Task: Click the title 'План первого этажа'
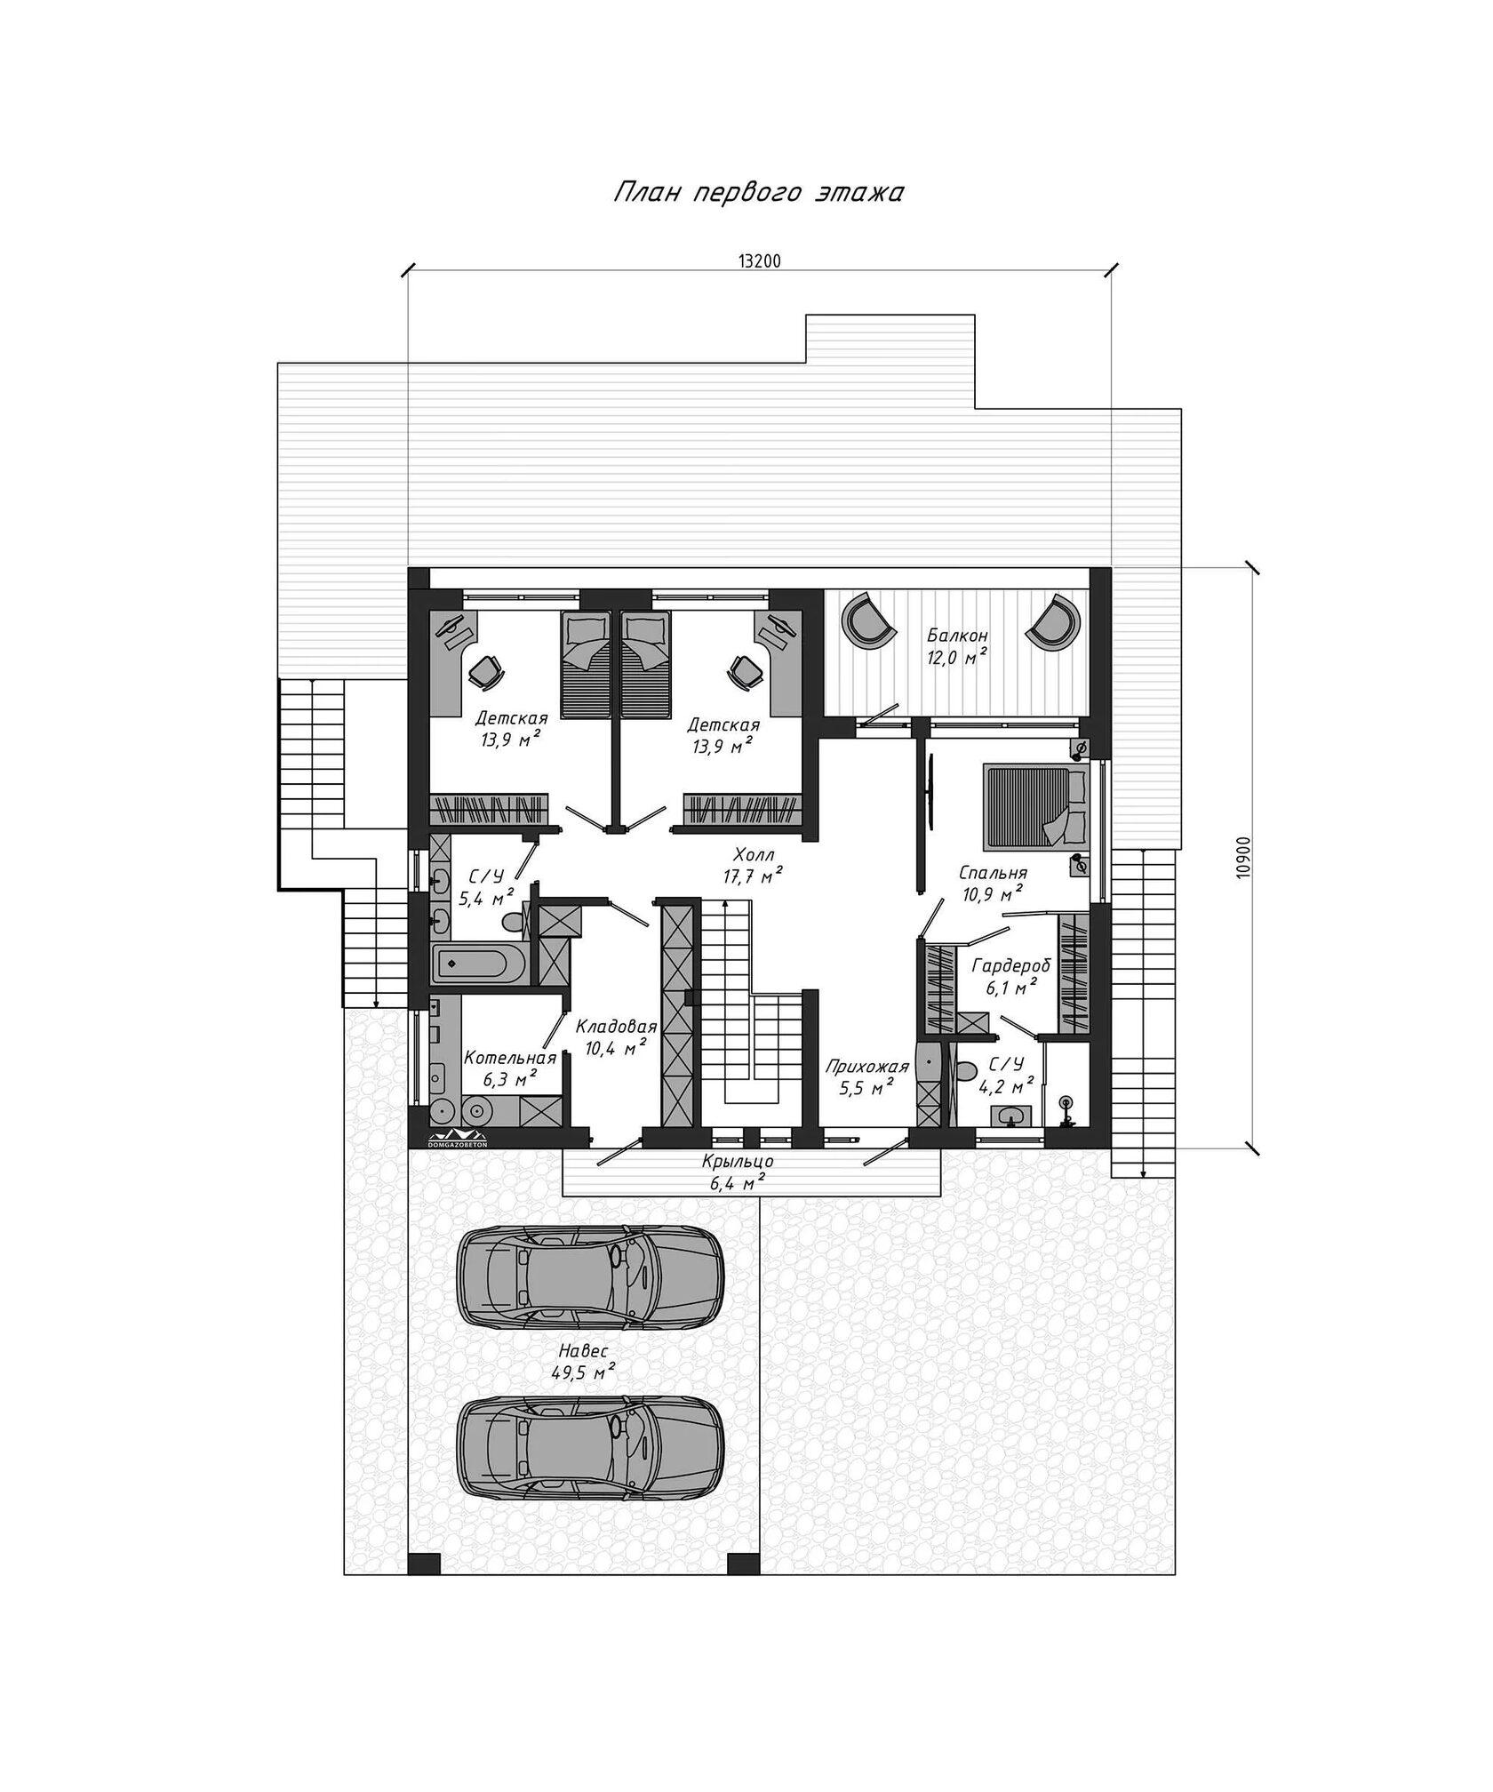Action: coord(758,193)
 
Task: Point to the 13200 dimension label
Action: coord(759,261)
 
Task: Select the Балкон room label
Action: coord(957,636)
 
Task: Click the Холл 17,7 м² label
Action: coord(752,866)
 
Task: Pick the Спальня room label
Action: coord(994,872)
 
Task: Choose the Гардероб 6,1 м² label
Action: coord(1011,976)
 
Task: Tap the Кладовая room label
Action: coord(616,1027)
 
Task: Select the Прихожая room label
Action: coord(866,1067)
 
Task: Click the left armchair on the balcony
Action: coord(866,620)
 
